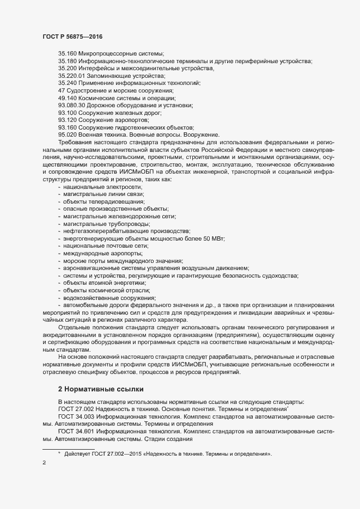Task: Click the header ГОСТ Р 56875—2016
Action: [72, 36]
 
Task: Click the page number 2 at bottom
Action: [44, 463]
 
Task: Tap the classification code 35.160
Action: [68, 53]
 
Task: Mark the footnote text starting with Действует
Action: [168, 453]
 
